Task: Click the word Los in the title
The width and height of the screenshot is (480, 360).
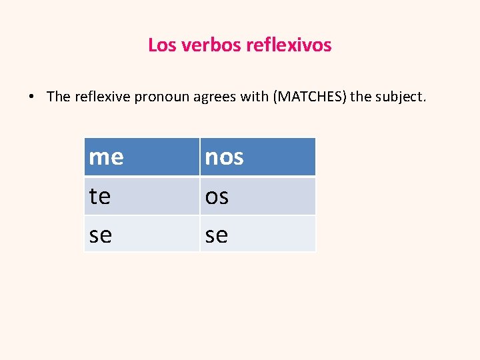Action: pyautogui.click(x=159, y=45)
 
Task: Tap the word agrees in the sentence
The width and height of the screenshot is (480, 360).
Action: pyautogui.click(x=212, y=97)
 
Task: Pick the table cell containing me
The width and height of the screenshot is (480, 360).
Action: pyautogui.click(x=141, y=157)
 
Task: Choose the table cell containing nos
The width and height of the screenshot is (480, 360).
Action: pyautogui.click(x=257, y=157)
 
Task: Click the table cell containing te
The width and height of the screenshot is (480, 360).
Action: pyautogui.click(x=141, y=196)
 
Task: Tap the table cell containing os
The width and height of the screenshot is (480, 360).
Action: pyautogui.click(x=257, y=196)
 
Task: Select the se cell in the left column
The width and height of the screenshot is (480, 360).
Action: pyautogui.click(x=141, y=233)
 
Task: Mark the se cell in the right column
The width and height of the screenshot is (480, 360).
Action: pyautogui.click(x=257, y=233)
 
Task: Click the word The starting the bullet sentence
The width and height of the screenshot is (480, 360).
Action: pyautogui.click(x=59, y=97)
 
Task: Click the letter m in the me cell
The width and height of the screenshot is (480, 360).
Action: pyautogui.click(x=99, y=158)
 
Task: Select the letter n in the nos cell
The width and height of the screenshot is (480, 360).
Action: pyautogui.click(x=211, y=158)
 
